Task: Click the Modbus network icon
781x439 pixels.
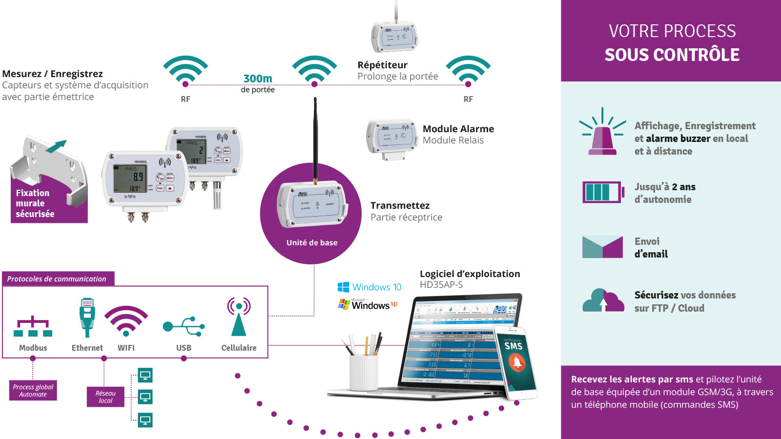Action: (33, 327)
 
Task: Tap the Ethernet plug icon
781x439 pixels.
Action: (87, 318)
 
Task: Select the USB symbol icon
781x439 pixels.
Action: (184, 326)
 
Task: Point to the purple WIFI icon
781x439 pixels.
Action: (126, 320)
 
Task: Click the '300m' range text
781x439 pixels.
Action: (258, 79)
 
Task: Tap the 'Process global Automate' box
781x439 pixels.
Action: (33, 390)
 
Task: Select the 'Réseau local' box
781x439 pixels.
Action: (105, 397)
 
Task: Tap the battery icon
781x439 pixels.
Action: (603, 192)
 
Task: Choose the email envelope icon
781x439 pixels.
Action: (602, 247)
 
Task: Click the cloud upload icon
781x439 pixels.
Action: (603, 300)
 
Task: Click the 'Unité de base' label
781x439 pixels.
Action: (312, 242)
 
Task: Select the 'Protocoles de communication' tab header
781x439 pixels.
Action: (58, 279)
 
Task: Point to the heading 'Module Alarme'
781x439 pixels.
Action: (458, 129)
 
